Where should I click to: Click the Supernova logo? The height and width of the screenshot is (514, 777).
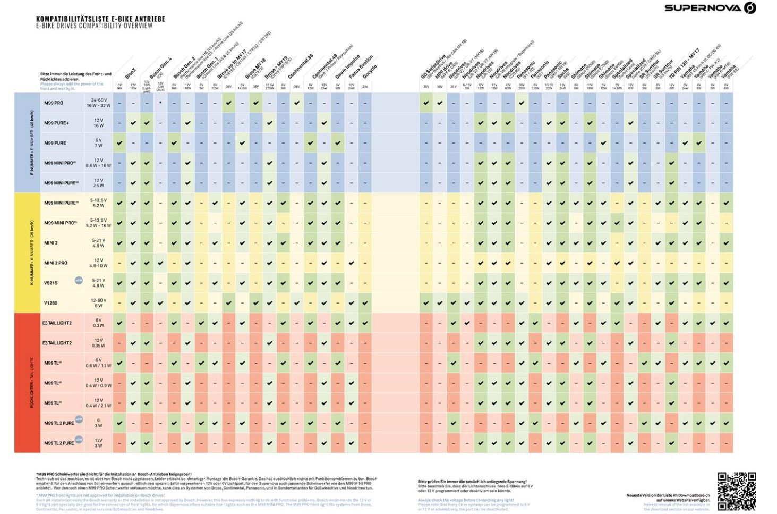710,8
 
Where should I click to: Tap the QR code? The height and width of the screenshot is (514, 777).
737,491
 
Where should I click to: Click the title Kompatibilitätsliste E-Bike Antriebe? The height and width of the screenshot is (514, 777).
100,19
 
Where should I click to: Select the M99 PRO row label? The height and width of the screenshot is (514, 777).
54,103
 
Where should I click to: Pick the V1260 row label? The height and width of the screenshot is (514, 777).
51,303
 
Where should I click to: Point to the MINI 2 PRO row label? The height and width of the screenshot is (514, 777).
56,263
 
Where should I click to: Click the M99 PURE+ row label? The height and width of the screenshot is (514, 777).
56,123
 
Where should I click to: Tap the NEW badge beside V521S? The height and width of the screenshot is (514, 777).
79,280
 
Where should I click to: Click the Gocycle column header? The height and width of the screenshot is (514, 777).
369,71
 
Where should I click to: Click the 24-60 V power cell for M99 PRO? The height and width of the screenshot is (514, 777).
98,103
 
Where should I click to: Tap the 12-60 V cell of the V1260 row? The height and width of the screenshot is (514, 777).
98,303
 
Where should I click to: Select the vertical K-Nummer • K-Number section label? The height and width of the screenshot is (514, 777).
31,253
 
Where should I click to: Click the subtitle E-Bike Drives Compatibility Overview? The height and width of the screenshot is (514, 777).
94,26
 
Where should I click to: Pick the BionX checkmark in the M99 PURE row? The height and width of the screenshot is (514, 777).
119,143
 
